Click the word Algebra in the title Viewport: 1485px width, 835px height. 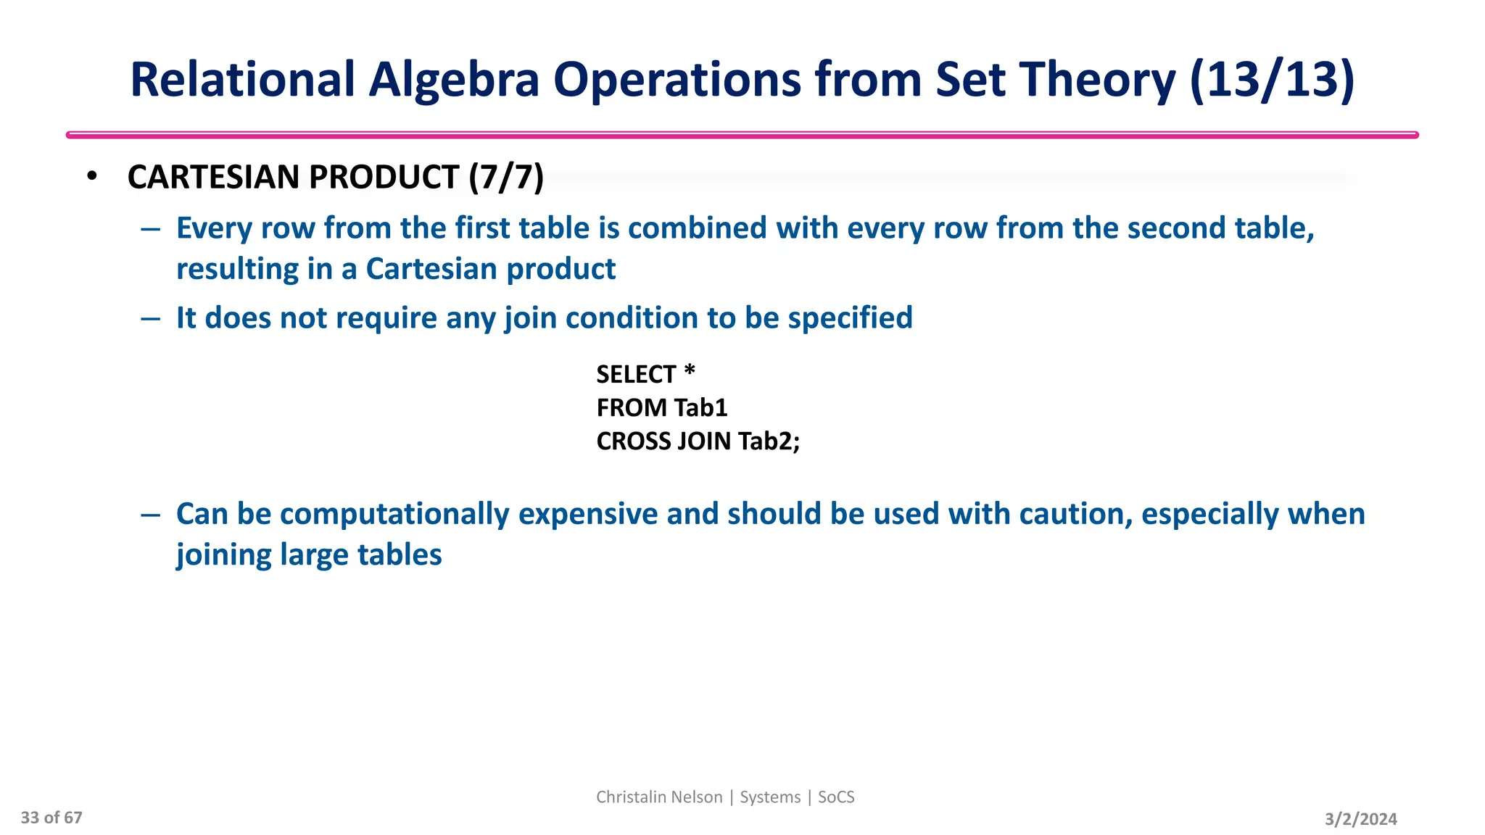(454, 80)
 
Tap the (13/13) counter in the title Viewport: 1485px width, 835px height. (1272, 80)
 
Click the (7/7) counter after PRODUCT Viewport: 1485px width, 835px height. (506, 178)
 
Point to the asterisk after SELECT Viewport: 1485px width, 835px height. (690, 371)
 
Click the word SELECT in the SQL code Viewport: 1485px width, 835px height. (635, 375)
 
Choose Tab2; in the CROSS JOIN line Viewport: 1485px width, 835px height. (769, 441)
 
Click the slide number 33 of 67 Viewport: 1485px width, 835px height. (51, 818)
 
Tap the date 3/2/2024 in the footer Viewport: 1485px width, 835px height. (1360, 819)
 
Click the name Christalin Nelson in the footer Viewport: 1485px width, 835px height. (659, 797)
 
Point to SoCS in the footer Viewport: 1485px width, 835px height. (836, 797)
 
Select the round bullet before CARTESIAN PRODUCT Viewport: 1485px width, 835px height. (91, 176)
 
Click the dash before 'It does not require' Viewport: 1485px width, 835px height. (151, 318)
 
